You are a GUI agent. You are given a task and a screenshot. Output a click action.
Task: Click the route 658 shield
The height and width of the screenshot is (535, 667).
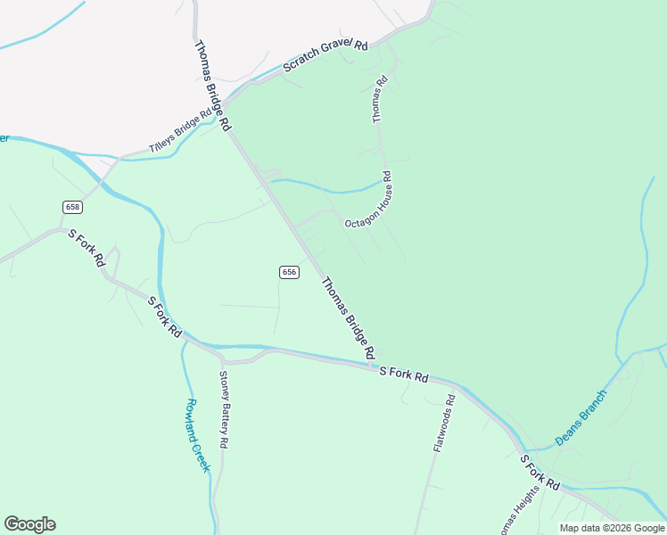point(73,207)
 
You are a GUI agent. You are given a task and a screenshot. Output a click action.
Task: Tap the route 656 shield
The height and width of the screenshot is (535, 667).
point(288,271)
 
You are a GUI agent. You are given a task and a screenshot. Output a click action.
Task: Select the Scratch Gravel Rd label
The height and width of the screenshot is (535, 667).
point(325,56)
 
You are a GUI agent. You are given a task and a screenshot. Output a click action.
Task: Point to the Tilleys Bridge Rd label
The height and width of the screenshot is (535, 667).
point(180,131)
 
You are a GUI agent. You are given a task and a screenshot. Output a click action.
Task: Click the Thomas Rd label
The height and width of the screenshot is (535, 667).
point(380,98)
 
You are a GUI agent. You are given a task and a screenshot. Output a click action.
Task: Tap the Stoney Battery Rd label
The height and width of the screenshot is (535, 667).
point(225,409)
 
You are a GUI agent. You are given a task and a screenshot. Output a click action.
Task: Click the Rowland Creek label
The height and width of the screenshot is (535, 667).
point(196,435)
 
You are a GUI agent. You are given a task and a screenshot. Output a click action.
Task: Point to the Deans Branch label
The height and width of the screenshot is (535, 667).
point(581,417)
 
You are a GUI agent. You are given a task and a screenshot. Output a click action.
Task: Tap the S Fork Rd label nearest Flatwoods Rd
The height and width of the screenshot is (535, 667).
point(404,374)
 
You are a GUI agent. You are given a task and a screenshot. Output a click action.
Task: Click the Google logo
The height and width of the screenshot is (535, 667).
point(29,524)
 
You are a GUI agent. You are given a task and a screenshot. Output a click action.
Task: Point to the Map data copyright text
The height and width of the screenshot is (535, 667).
point(612,528)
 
